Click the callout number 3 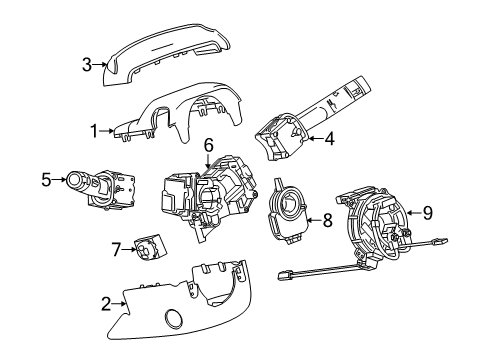[87, 65]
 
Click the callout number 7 [116, 248]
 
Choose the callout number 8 [326, 220]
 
